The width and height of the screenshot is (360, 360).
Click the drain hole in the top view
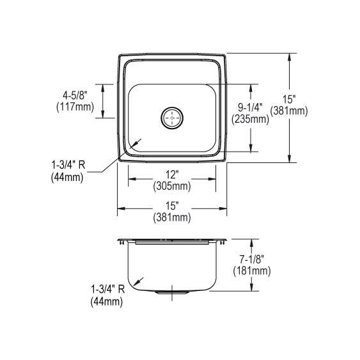coord(173,118)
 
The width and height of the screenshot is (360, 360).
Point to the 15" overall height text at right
coord(290,99)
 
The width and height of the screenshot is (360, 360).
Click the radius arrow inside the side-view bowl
coord(138,281)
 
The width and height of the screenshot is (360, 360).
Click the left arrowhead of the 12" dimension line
coord(131,180)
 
